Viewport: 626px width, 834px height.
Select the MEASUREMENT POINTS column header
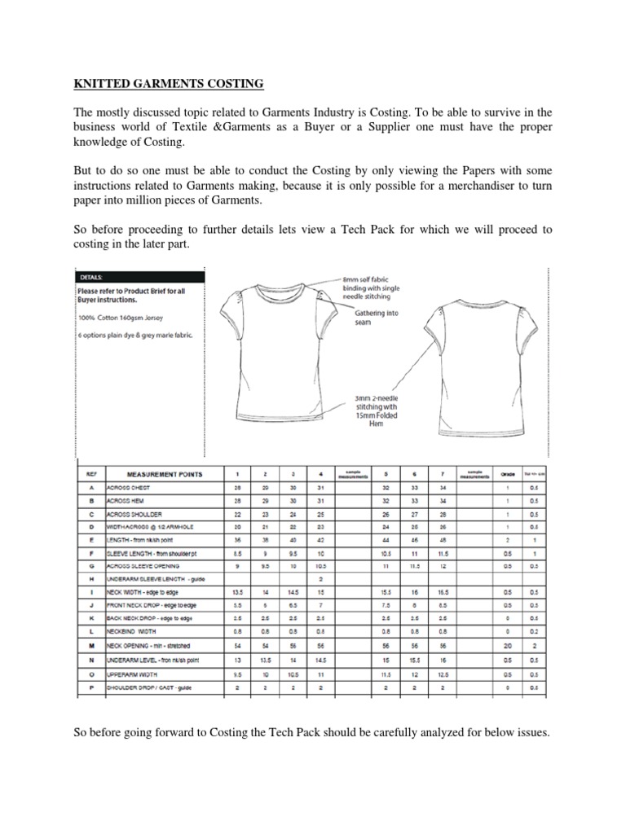(165, 474)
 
